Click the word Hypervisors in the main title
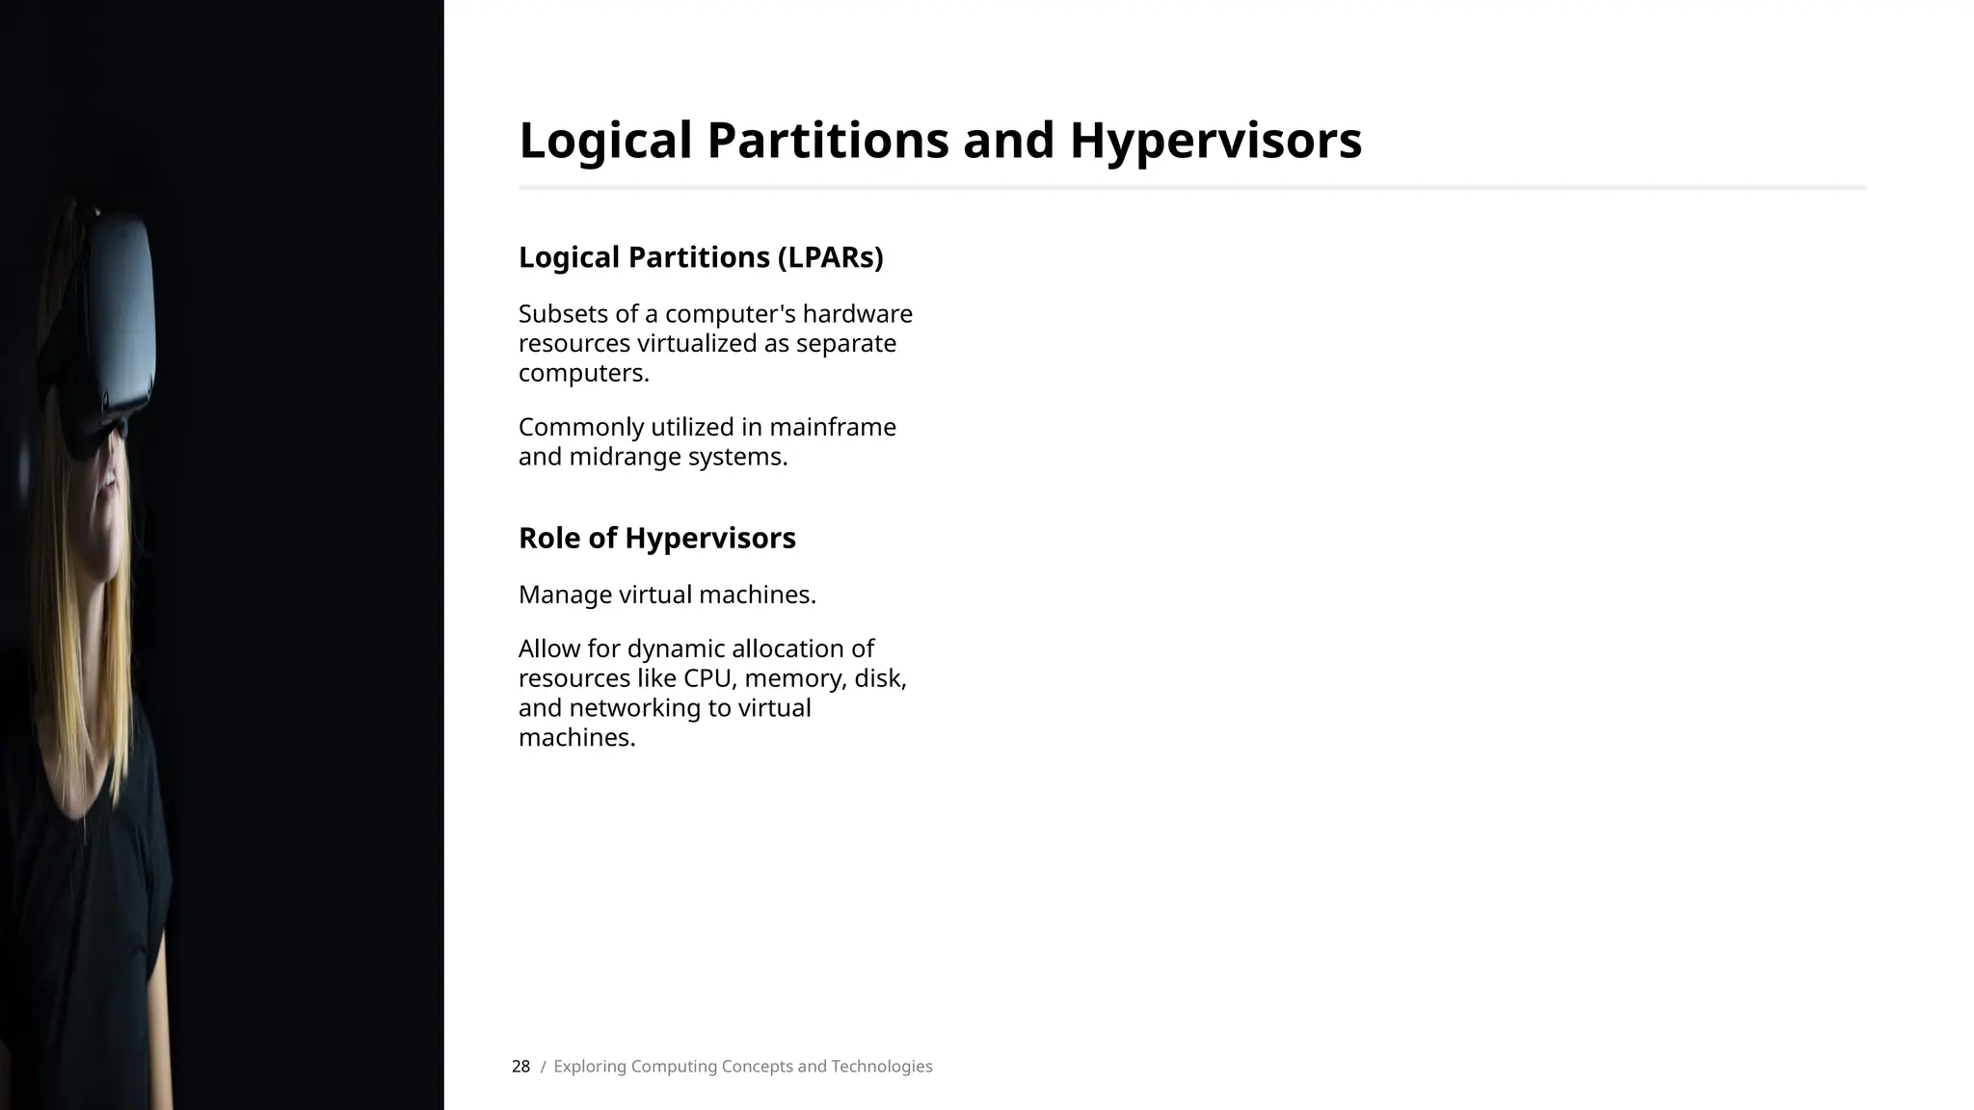(x=1214, y=141)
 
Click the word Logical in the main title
(x=605, y=141)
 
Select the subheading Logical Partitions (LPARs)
(x=701, y=257)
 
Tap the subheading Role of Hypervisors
(x=656, y=538)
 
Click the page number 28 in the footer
(x=520, y=1067)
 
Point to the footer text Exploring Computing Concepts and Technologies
(x=742, y=1067)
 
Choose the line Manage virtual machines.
(x=667, y=595)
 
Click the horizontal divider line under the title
(x=1192, y=187)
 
